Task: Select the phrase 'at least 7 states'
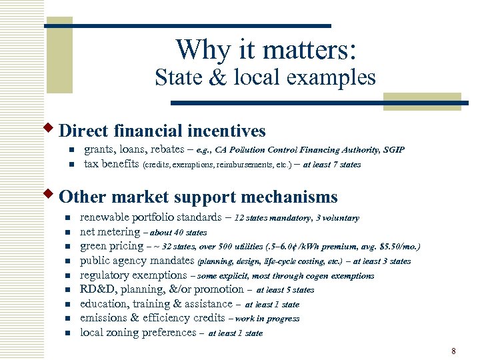pos(332,165)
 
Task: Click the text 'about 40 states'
pos(179,233)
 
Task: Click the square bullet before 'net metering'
pos(67,233)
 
